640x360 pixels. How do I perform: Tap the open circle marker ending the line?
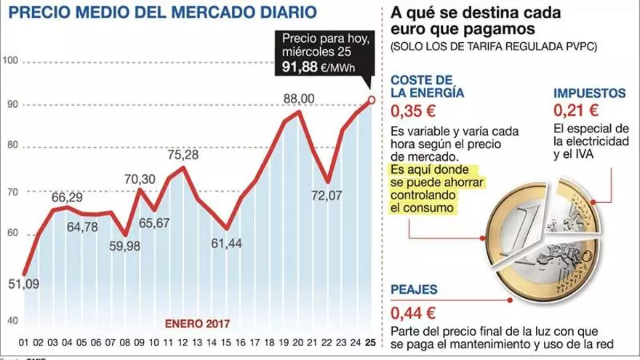pyautogui.click(x=372, y=100)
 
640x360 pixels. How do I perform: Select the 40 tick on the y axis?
pyautogui.click(x=10, y=320)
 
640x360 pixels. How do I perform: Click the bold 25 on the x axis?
pyautogui.click(x=372, y=342)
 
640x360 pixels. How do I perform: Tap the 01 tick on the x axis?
pyautogui.click(x=24, y=342)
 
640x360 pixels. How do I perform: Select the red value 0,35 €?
pyautogui.click(x=413, y=111)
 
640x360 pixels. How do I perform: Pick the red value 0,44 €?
pyautogui.click(x=413, y=314)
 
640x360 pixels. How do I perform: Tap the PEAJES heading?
pyautogui.click(x=414, y=289)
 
